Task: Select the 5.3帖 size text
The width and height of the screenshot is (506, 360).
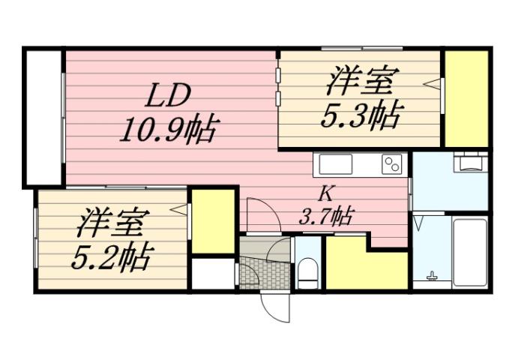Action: [360, 115]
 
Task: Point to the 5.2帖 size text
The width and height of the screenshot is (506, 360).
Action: [111, 256]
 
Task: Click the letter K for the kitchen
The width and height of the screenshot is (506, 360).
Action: [325, 193]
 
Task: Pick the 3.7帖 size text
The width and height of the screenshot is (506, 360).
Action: [326, 217]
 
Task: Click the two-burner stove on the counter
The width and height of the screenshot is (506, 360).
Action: [391, 163]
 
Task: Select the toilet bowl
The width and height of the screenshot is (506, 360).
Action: [307, 271]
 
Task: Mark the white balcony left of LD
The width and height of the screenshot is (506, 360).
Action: [43, 116]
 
